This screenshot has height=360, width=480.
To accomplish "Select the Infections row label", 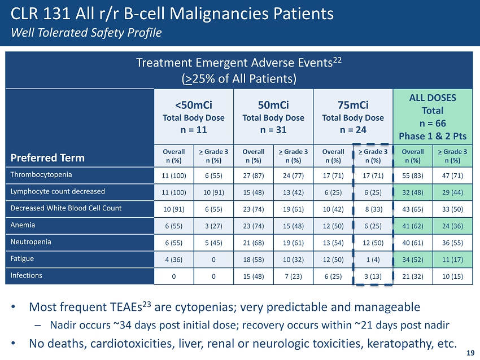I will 27,276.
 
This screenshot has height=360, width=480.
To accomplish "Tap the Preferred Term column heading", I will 47,157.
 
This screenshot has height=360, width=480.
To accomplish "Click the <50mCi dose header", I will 194,105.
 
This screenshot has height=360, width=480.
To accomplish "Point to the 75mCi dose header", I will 352,105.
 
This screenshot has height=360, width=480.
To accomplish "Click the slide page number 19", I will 470,353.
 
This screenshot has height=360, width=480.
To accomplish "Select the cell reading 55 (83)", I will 413,174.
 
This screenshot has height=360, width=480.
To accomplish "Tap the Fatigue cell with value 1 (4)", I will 373,259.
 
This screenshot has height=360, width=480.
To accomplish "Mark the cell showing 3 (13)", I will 373,276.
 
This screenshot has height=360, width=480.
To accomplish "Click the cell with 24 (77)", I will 293,174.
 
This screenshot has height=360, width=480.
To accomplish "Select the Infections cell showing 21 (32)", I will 413,276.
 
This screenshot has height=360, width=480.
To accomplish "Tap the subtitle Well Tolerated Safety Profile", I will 86,32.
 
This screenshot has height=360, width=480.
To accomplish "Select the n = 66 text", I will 433,124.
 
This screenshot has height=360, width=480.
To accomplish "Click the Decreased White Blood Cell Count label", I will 66,208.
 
